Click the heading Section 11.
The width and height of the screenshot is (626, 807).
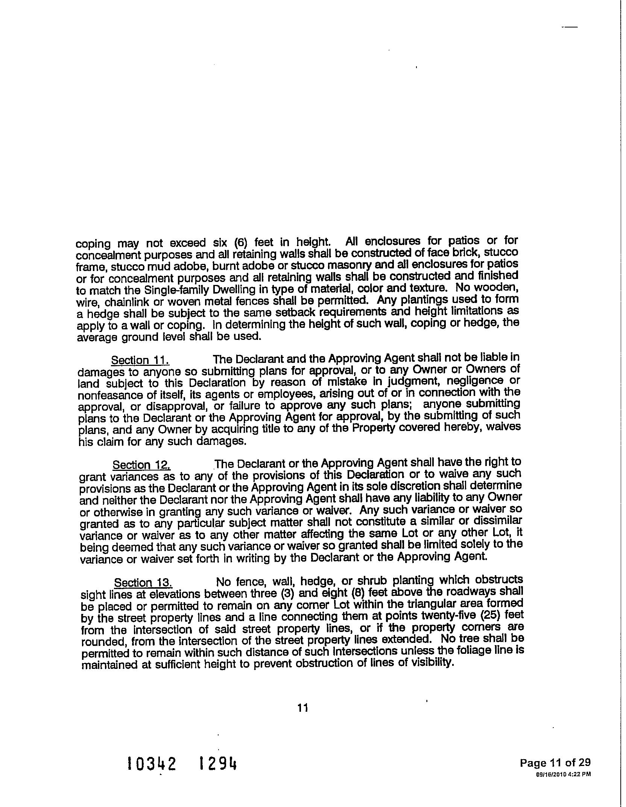coord(140,360)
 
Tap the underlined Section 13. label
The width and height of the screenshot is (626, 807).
coord(143,583)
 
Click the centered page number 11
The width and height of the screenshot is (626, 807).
coord(303,708)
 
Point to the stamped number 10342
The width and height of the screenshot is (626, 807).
coord(152,764)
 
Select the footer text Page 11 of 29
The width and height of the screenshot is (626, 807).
coord(555,763)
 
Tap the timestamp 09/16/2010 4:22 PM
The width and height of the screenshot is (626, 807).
coord(563,774)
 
